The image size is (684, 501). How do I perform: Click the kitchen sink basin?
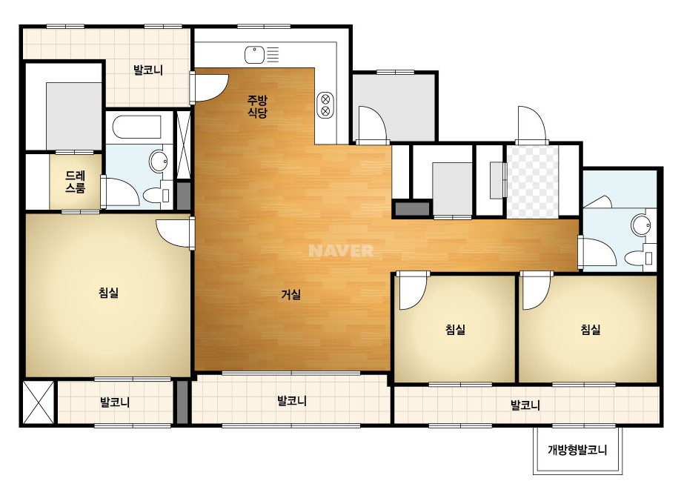[x=254, y=55]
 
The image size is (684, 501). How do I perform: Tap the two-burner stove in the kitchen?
[x=325, y=104]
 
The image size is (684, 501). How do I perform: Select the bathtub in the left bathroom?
[x=137, y=127]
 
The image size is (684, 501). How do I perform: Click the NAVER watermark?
[x=341, y=250]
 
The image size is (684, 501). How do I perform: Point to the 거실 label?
[x=291, y=294]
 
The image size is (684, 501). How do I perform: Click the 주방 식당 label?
[x=257, y=107]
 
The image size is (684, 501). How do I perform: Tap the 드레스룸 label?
[x=75, y=182]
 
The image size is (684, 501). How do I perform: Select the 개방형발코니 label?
[x=577, y=450]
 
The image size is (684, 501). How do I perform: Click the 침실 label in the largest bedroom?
[x=109, y=293]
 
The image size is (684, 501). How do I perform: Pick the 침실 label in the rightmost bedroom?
[x=591, y=329]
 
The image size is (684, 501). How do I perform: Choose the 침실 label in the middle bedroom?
[x=456, y=329]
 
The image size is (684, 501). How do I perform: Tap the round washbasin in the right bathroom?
[x=641, y=225]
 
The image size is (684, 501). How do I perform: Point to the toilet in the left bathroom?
[x=156, y=195]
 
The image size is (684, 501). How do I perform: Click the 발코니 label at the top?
[x=148, y=70]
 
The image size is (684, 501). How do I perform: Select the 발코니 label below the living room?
[x=292, y=401]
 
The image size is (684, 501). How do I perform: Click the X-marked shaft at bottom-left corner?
[x=39, y=402]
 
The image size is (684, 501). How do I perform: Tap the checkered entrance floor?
[x=532, y=181]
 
